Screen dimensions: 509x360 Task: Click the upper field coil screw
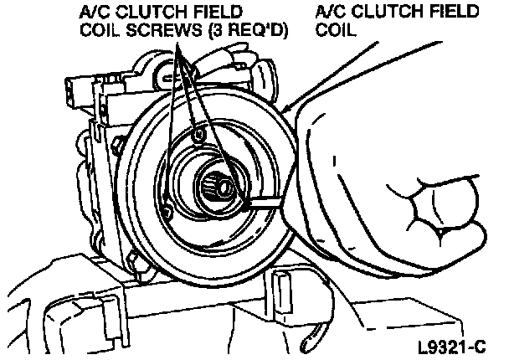coord(198,135)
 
